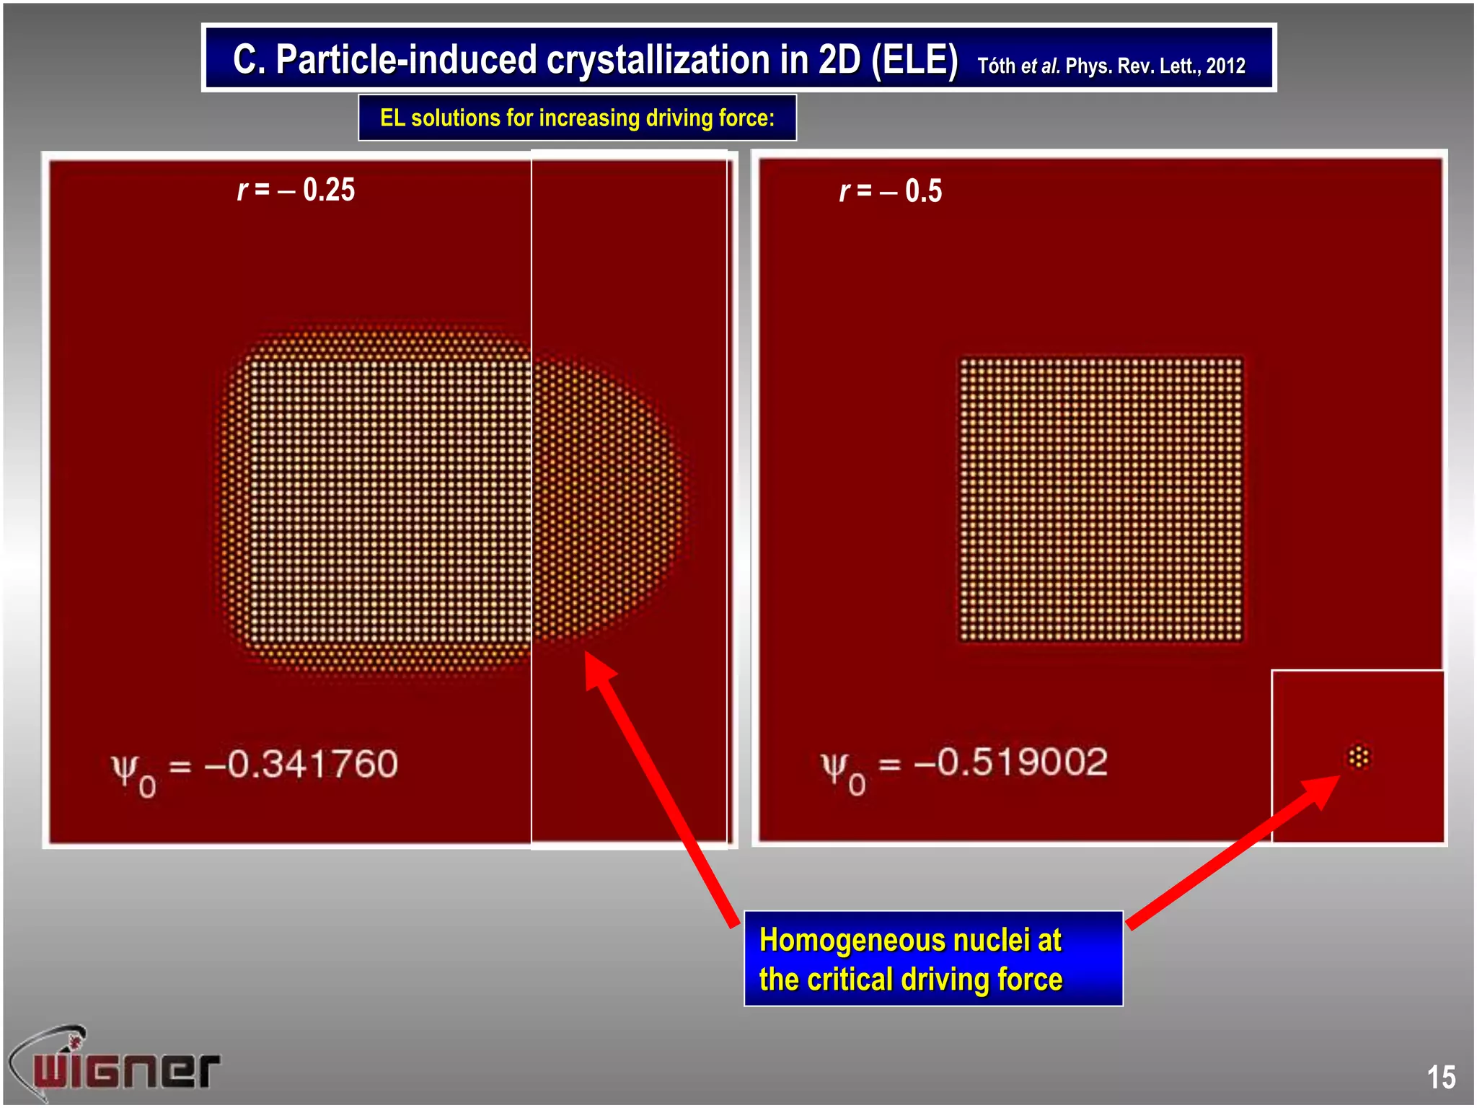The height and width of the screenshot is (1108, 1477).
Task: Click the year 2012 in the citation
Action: point(1225,66)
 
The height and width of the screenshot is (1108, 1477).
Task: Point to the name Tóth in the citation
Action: point(996,66)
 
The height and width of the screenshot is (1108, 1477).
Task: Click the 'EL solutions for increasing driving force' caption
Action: point(577,118)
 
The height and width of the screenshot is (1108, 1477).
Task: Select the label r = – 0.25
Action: point(296,190)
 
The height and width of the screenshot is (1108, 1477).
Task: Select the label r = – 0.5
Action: point(891,191)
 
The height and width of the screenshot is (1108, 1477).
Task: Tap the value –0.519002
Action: point(1010,762)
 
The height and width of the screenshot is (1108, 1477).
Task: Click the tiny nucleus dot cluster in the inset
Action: point(1359,757)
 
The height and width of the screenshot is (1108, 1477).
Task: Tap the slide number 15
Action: point(1440,1077)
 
